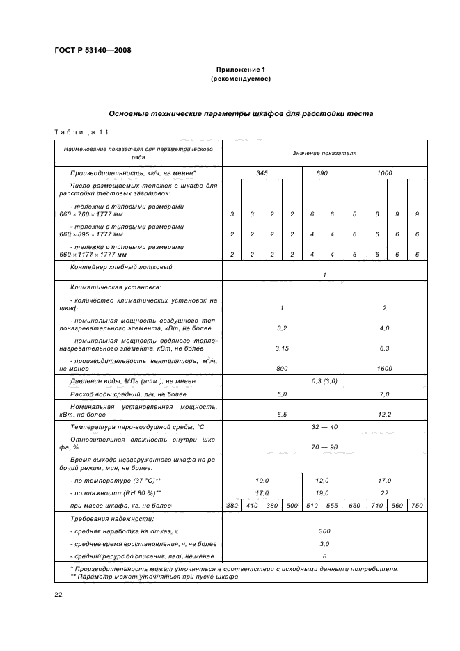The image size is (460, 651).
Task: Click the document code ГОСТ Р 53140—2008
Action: (x=92, y=50)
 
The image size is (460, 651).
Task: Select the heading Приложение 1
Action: (x=240, y=70)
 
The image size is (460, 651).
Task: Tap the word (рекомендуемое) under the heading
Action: (x=240, y=79)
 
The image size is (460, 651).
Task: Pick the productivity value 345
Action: (x=262, y=172)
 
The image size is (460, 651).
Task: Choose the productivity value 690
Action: (x=322, y=172)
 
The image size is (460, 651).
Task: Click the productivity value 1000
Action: (x=384, y=172)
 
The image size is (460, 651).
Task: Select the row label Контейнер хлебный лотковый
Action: (x=120, y=266)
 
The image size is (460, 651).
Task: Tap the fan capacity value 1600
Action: (x=384, y=369)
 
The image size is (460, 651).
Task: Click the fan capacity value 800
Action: (x=282, y=369)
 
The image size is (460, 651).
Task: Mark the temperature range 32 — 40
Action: (x=324, y=426)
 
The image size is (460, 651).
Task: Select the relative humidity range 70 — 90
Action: (x=324, y=447)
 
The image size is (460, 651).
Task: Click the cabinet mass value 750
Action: (x=417, y=506)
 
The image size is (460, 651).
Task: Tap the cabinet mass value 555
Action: (x=331, y=506)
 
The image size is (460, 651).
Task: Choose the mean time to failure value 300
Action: (x=324, y=531)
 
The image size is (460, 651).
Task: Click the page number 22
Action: (x=58, y=593)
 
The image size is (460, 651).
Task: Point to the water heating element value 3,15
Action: (x=282, y=348)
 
